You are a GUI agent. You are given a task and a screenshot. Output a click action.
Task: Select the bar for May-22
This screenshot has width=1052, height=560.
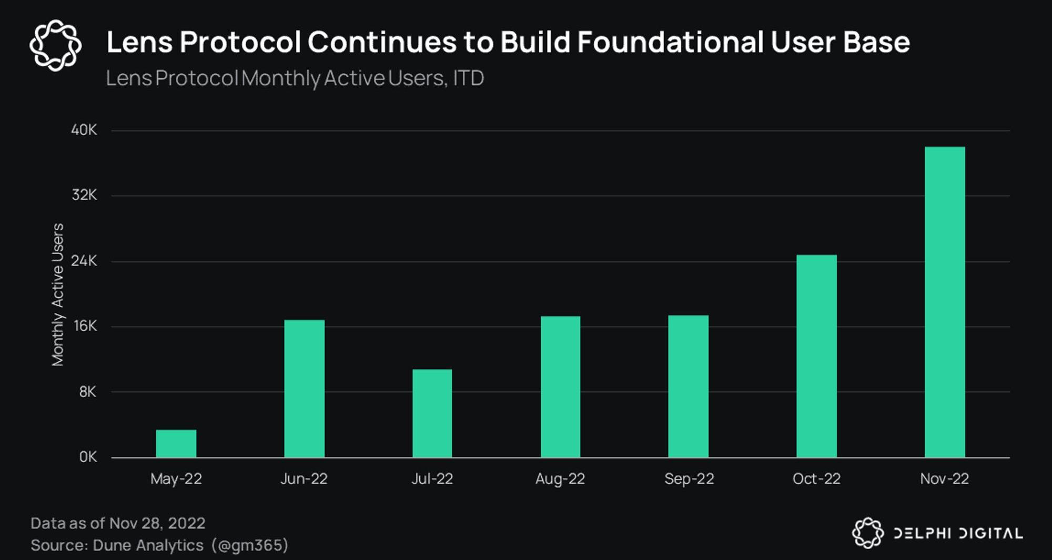pyautogui.click(x=176, y=444)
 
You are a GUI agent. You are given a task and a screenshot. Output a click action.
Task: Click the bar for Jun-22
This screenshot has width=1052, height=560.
pyautogui.click(x=305, y=389)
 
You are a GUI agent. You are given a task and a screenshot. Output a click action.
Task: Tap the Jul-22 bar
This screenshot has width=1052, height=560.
pyautogui.click(x=432, y=413)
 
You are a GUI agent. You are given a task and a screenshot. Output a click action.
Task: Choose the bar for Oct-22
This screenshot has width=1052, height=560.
pyautogui.click(x=816, y=356)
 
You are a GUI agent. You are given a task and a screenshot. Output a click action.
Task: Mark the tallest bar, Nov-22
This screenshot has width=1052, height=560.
pyautogui.click(x=945, y=302)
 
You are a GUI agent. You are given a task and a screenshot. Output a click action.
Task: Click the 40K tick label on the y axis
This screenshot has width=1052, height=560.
pyautogui.click(x=84, y=130)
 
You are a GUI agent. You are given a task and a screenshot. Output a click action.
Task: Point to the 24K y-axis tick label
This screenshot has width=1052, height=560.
pyautogui.click(x=84, y=261)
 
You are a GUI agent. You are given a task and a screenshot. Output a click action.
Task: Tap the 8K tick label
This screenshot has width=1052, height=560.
pyautogui.click(x=87, y=392)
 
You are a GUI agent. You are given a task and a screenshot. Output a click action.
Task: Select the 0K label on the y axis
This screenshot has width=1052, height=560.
pyautogui.click(x=88, y=457)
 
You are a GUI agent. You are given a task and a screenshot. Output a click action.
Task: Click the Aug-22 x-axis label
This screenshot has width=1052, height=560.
pyautogui.click(x=560, y=478)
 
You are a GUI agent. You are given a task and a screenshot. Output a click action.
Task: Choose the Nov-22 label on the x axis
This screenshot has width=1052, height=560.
pyautogui.click(x=944, y=478)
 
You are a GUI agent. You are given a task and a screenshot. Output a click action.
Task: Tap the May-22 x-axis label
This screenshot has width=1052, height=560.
pyautogui.click(x=176, y=478)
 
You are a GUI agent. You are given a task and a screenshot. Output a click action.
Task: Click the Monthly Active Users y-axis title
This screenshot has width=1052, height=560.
pyautogui.click(x=57, y=294)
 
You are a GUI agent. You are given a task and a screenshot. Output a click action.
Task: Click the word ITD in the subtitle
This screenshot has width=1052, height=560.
pyautogui.click(x=468, y=78)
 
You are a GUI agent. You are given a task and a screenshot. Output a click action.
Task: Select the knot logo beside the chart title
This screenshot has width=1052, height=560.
pyautogui.click(x=56, y=45)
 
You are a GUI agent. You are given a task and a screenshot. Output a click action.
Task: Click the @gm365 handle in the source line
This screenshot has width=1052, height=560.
pyautogui.click(x=250, y=545)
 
